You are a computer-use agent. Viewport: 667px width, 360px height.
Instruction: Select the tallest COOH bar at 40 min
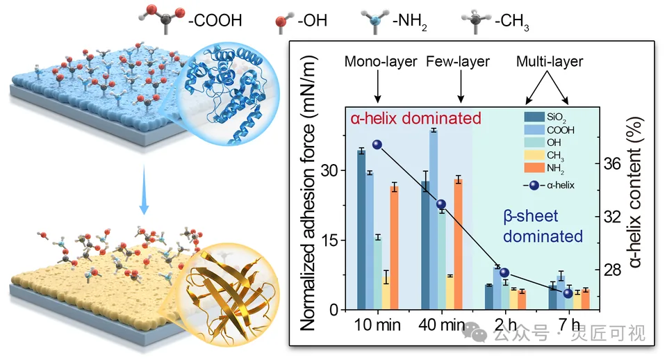pos(434,220)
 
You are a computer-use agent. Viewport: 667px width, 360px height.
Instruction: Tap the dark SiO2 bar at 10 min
pos(361,230)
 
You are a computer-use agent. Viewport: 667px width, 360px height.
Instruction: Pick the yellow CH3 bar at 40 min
pos(450,293)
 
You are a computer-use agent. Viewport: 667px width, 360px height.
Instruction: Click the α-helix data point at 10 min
pos(377,145)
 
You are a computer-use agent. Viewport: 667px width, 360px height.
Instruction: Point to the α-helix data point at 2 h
pos(504,272)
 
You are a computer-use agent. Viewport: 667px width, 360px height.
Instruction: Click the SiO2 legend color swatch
pos(534,117)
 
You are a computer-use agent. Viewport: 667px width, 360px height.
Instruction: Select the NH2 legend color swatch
pos(534,167)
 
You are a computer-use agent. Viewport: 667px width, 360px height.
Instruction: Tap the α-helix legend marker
pos(534,186)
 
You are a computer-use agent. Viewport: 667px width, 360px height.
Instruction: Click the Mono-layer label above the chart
pos(381,62)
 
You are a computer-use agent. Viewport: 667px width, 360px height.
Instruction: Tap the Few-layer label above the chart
pos(458,62)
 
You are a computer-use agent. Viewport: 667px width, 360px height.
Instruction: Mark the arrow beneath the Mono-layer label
pos(378,87)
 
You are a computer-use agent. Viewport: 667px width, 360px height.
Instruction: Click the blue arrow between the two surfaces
pos(145,190)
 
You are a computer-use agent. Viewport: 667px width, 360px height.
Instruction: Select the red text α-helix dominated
pos(416,118)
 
